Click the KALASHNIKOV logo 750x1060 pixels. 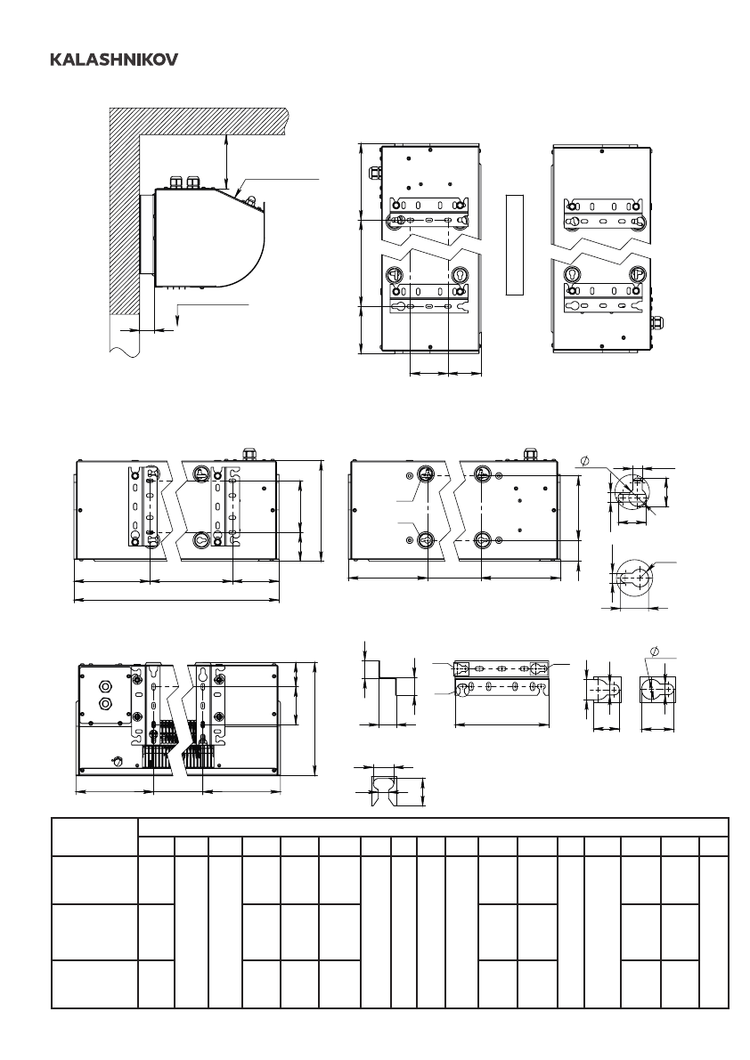(x=114, y=61)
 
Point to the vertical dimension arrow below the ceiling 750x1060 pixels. (x=226, y=161)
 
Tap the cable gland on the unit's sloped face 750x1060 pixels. (x=251, y=201)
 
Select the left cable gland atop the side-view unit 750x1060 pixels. (x=176, y=182)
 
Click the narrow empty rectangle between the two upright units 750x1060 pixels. (x=515, y=245)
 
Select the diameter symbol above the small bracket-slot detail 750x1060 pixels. (x=654, y=651)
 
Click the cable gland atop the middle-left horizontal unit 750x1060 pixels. (x=249, y=452)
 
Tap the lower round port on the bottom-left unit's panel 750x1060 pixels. (x=105, y=704)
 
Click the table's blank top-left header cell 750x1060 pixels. (x=94, y=837)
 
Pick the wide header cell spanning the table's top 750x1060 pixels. (x=433, y=828)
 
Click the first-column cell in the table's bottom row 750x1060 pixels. (x=94, y=983)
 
